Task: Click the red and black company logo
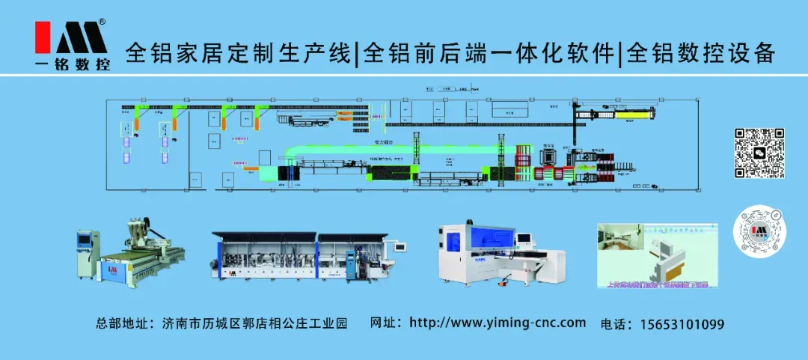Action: coord(71,37)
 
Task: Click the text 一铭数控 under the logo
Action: coord(73,65)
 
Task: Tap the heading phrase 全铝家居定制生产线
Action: coord(239,53)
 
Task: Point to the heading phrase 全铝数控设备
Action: coord(700,53)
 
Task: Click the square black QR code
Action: coord(759,153)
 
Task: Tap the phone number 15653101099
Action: coord(682,324)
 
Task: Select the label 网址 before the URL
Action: coord(385,323)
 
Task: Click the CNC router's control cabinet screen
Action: coord(84,240)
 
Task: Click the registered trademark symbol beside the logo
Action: coord(102,22)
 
